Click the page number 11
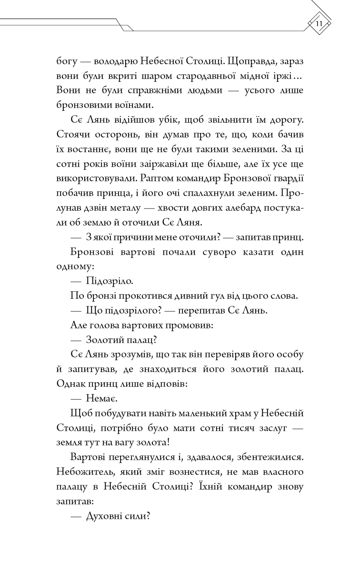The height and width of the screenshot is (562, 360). [x=319, y=23]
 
